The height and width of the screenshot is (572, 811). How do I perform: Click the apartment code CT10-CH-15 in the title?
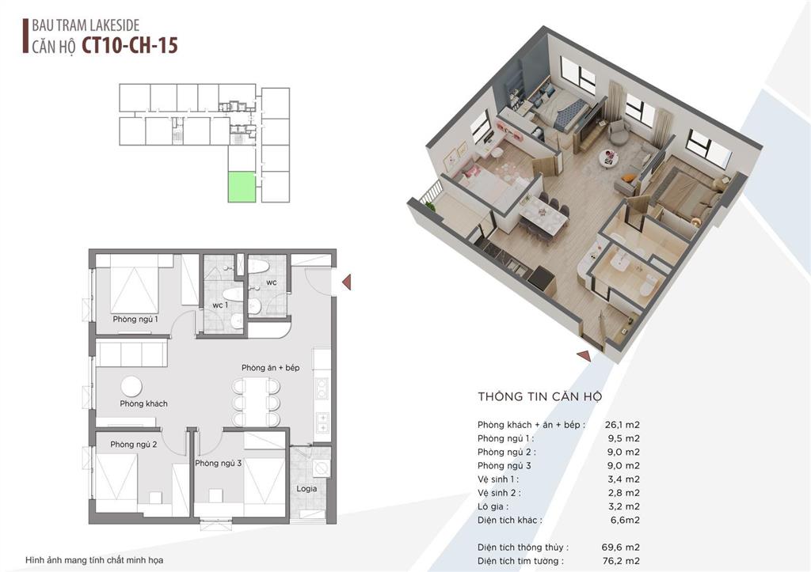130,45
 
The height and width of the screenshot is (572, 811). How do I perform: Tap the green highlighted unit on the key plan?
242,187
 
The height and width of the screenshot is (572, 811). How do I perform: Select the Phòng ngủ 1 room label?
135,320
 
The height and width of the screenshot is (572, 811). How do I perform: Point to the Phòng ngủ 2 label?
133,445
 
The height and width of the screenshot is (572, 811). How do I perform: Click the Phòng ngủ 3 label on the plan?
219,463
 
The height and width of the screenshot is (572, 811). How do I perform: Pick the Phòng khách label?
144,403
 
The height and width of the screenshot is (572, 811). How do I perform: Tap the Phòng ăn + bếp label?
271,368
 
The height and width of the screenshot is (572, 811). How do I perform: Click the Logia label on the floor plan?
307,488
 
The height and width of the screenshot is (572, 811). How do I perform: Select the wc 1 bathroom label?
220,305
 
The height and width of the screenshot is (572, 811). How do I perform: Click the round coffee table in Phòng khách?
131,387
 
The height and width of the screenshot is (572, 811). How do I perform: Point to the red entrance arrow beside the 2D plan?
347,282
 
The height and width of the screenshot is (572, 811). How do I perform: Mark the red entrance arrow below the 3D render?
584,355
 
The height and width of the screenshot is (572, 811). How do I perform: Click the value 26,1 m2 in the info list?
623,425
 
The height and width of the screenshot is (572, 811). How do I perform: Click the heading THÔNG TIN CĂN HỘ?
540,397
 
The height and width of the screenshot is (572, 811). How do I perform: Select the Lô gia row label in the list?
493,506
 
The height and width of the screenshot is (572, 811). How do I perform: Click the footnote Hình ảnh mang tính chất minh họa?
94,560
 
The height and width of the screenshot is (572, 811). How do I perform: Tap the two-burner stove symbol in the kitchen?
322,388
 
